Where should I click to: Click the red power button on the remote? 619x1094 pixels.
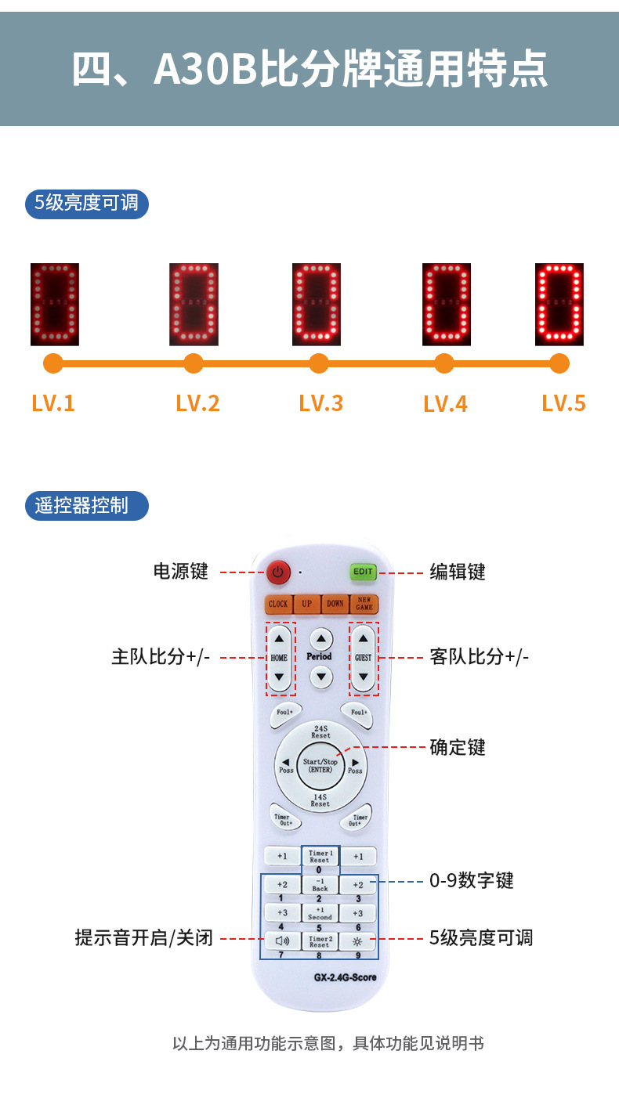click(x=277, y=572)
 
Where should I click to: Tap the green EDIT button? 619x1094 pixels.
click(x=363, y=572)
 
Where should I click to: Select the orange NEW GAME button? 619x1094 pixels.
click(x=364, y=604)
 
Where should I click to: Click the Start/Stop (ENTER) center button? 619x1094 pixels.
click(x=320, y=765)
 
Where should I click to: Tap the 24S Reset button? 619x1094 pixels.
click(x=320, y=732)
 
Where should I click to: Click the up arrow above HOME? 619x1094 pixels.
click(x=279, y=638)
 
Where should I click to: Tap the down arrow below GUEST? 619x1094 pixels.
click(x=364, y=675)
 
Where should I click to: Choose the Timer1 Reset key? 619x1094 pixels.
click(x=320, y=856)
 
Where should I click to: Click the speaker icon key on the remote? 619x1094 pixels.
click(x=282, y=941)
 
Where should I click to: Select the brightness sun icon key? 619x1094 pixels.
click(x=358, y=941)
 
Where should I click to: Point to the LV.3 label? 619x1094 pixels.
click(x=321, y=403)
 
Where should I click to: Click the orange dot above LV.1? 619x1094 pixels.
click(x=53, y=363)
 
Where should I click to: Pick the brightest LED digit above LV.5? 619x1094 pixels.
click(x=559, y=304)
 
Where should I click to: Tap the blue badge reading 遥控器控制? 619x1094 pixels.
click(x=87, y=505)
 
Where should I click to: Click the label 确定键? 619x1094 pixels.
click(x=458, y=747)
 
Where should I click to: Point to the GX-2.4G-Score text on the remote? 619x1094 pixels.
click(x=345, y=977)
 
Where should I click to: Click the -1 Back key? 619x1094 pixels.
click(x=320, y=885)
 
